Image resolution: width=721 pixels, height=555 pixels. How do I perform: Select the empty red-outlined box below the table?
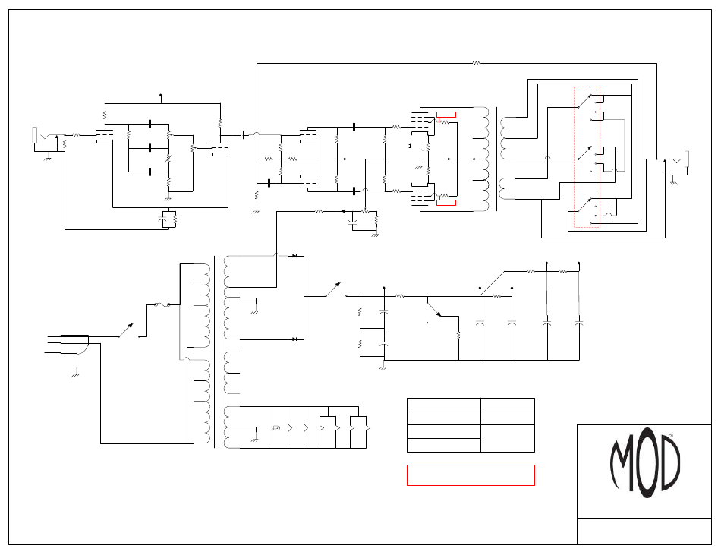pos(471,475)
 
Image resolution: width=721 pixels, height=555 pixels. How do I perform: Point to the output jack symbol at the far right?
pos(686,159)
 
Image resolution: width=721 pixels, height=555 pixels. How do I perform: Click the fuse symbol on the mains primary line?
pos(162,305)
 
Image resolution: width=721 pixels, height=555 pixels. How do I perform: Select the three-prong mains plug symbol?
pos(74,344)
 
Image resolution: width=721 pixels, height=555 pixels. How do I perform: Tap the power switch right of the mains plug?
pos(126,330)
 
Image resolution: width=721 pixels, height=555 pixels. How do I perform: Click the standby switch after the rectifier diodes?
pos(332,289)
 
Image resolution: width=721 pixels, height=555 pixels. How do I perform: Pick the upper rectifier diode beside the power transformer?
pos(294,257)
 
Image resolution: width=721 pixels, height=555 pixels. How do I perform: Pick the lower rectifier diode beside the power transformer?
pos(294,339)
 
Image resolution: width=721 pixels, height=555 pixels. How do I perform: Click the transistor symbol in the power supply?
pos(433,308)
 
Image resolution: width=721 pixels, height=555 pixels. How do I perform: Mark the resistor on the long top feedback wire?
pos(477,64)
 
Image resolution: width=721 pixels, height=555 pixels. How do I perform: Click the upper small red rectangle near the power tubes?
pos(446,115)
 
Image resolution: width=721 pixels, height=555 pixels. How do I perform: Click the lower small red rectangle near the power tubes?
pos(446,203)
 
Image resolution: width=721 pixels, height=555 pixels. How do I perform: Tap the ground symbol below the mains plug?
pos(75,374)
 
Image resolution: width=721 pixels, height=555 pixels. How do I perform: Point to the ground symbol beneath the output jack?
pos(674,183)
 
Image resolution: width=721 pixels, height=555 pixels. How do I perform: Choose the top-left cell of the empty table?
pos(443,405)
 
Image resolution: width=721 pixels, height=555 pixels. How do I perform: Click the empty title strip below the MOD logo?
pos(644,531)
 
